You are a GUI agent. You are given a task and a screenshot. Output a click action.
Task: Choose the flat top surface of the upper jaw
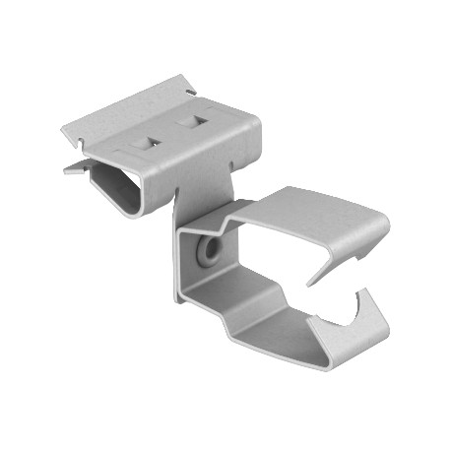[x=315, y=207]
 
